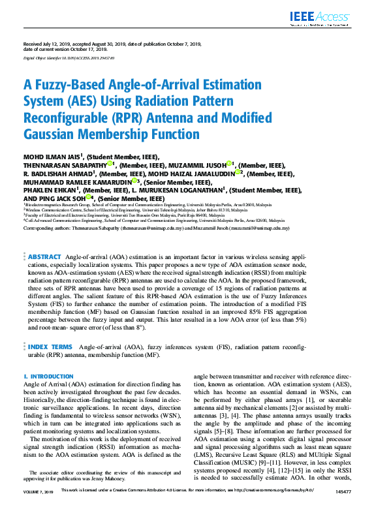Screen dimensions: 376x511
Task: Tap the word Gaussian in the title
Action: tap(55, 134)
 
